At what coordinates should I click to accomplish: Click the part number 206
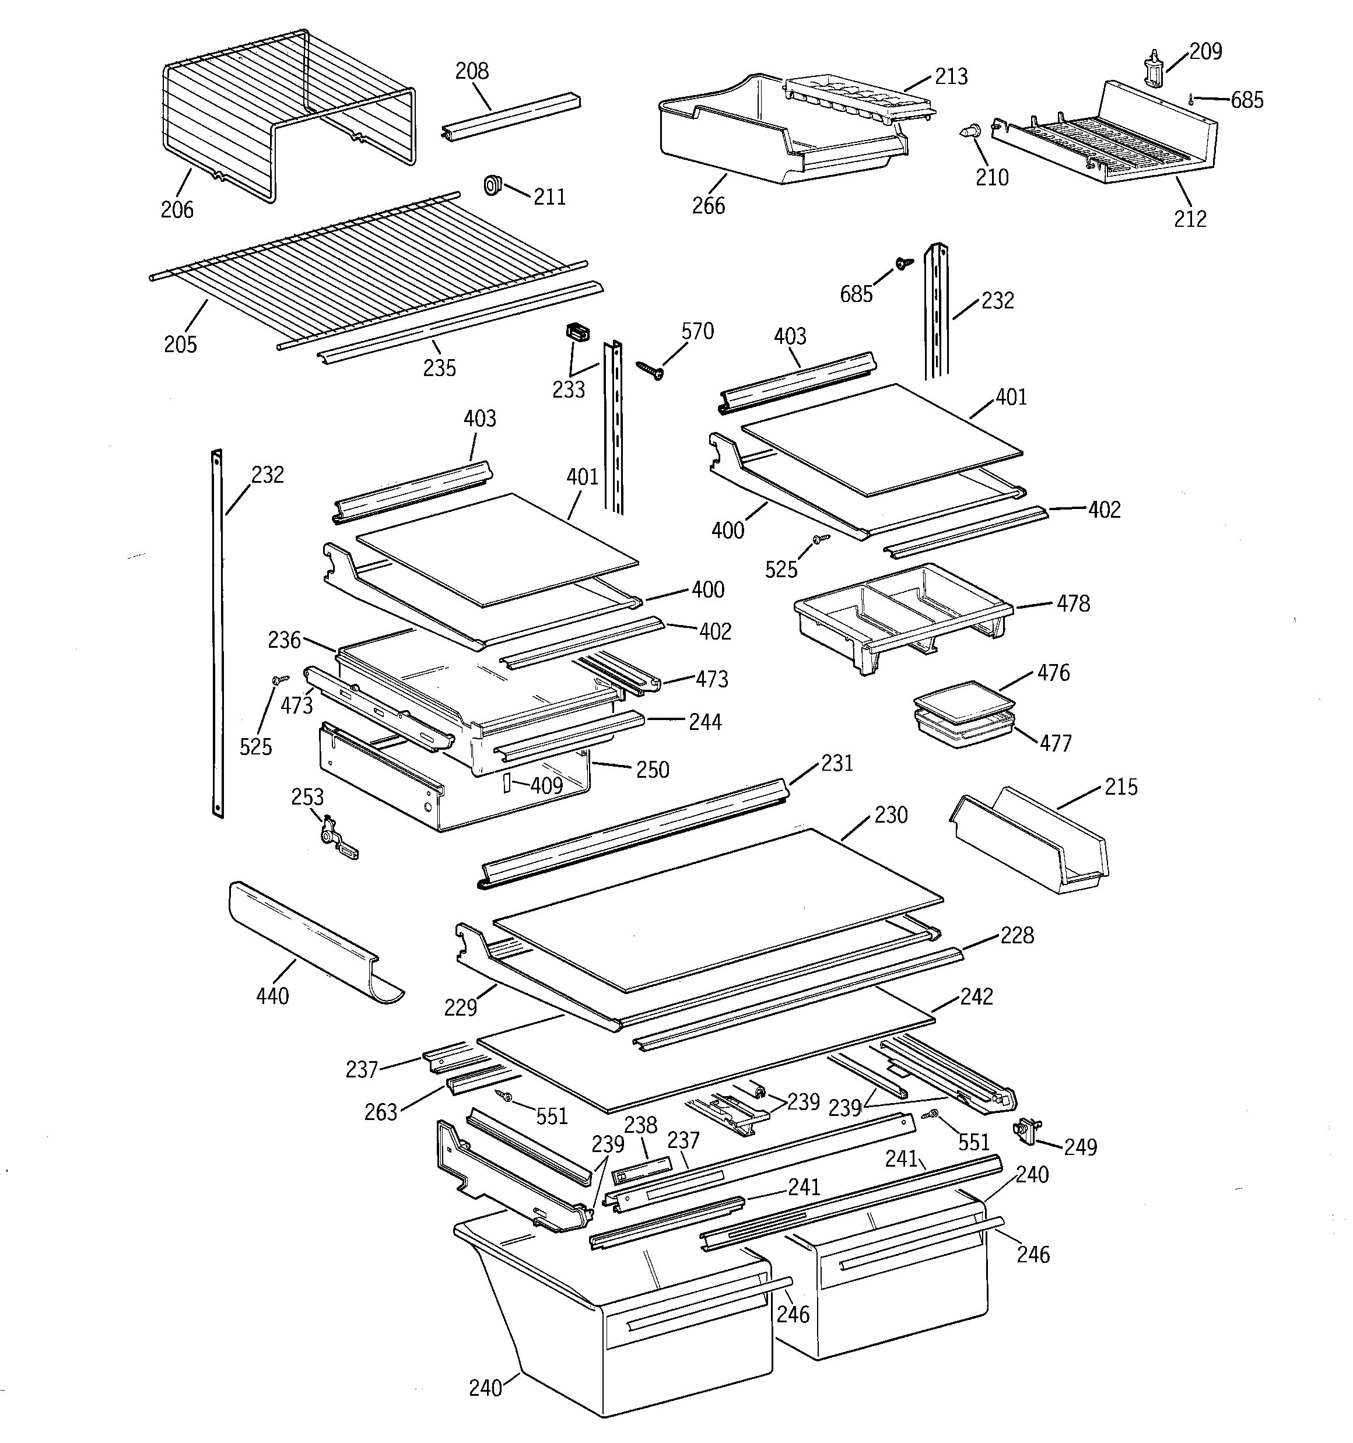pos(177,210)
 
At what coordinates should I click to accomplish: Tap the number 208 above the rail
pos(472,71)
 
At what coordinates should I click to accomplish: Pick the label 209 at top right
pos(1205,51)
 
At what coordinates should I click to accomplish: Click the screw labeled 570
pos(651,370)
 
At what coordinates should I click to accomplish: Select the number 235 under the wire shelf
pos(439,368)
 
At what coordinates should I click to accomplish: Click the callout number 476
pos(1053,673)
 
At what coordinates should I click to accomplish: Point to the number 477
pos(1055,743)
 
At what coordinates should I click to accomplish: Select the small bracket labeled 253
pos(335,841)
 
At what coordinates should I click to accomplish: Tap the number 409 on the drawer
pos(546,785)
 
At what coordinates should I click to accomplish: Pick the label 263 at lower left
pos(381,1112)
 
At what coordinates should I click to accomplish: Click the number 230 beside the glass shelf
pos(891,816)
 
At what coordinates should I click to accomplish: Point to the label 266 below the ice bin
pos(708,206)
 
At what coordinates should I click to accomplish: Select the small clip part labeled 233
pos(577,332)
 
